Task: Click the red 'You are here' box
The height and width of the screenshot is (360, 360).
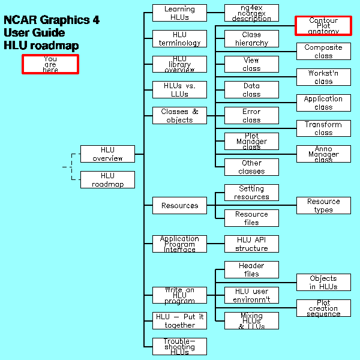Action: [50, 64]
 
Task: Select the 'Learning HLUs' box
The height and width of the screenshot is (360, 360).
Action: [179, 13]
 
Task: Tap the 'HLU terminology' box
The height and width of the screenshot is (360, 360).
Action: [179, 38]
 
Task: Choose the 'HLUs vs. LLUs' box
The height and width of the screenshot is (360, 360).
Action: [179, 90]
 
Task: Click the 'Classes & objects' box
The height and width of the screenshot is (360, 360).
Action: [179, 115]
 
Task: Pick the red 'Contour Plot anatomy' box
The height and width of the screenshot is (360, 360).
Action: [323, 25]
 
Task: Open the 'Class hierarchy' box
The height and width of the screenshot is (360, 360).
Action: [251, 38]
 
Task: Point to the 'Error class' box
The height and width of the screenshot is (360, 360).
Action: [251, 115]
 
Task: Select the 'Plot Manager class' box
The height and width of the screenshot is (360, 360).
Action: [251, 141]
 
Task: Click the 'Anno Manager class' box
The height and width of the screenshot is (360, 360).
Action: [323, 154]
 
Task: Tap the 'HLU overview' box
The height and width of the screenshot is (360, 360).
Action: [107, 154]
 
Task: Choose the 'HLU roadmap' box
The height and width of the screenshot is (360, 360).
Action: [107, 179]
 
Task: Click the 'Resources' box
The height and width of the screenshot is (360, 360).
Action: [179, 205]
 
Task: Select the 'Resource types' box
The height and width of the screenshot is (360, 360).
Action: [323, 205]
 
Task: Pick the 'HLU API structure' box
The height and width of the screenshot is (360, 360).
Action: [251, 244]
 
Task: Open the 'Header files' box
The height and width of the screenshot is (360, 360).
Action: [251, 269]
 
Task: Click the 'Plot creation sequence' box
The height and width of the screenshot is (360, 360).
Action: [323, 308]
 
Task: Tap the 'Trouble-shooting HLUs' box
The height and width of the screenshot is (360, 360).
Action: [179, 346]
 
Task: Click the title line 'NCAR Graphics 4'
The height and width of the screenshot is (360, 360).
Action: [52, 20]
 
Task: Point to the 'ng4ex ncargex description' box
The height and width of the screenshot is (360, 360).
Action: [251, 13]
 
